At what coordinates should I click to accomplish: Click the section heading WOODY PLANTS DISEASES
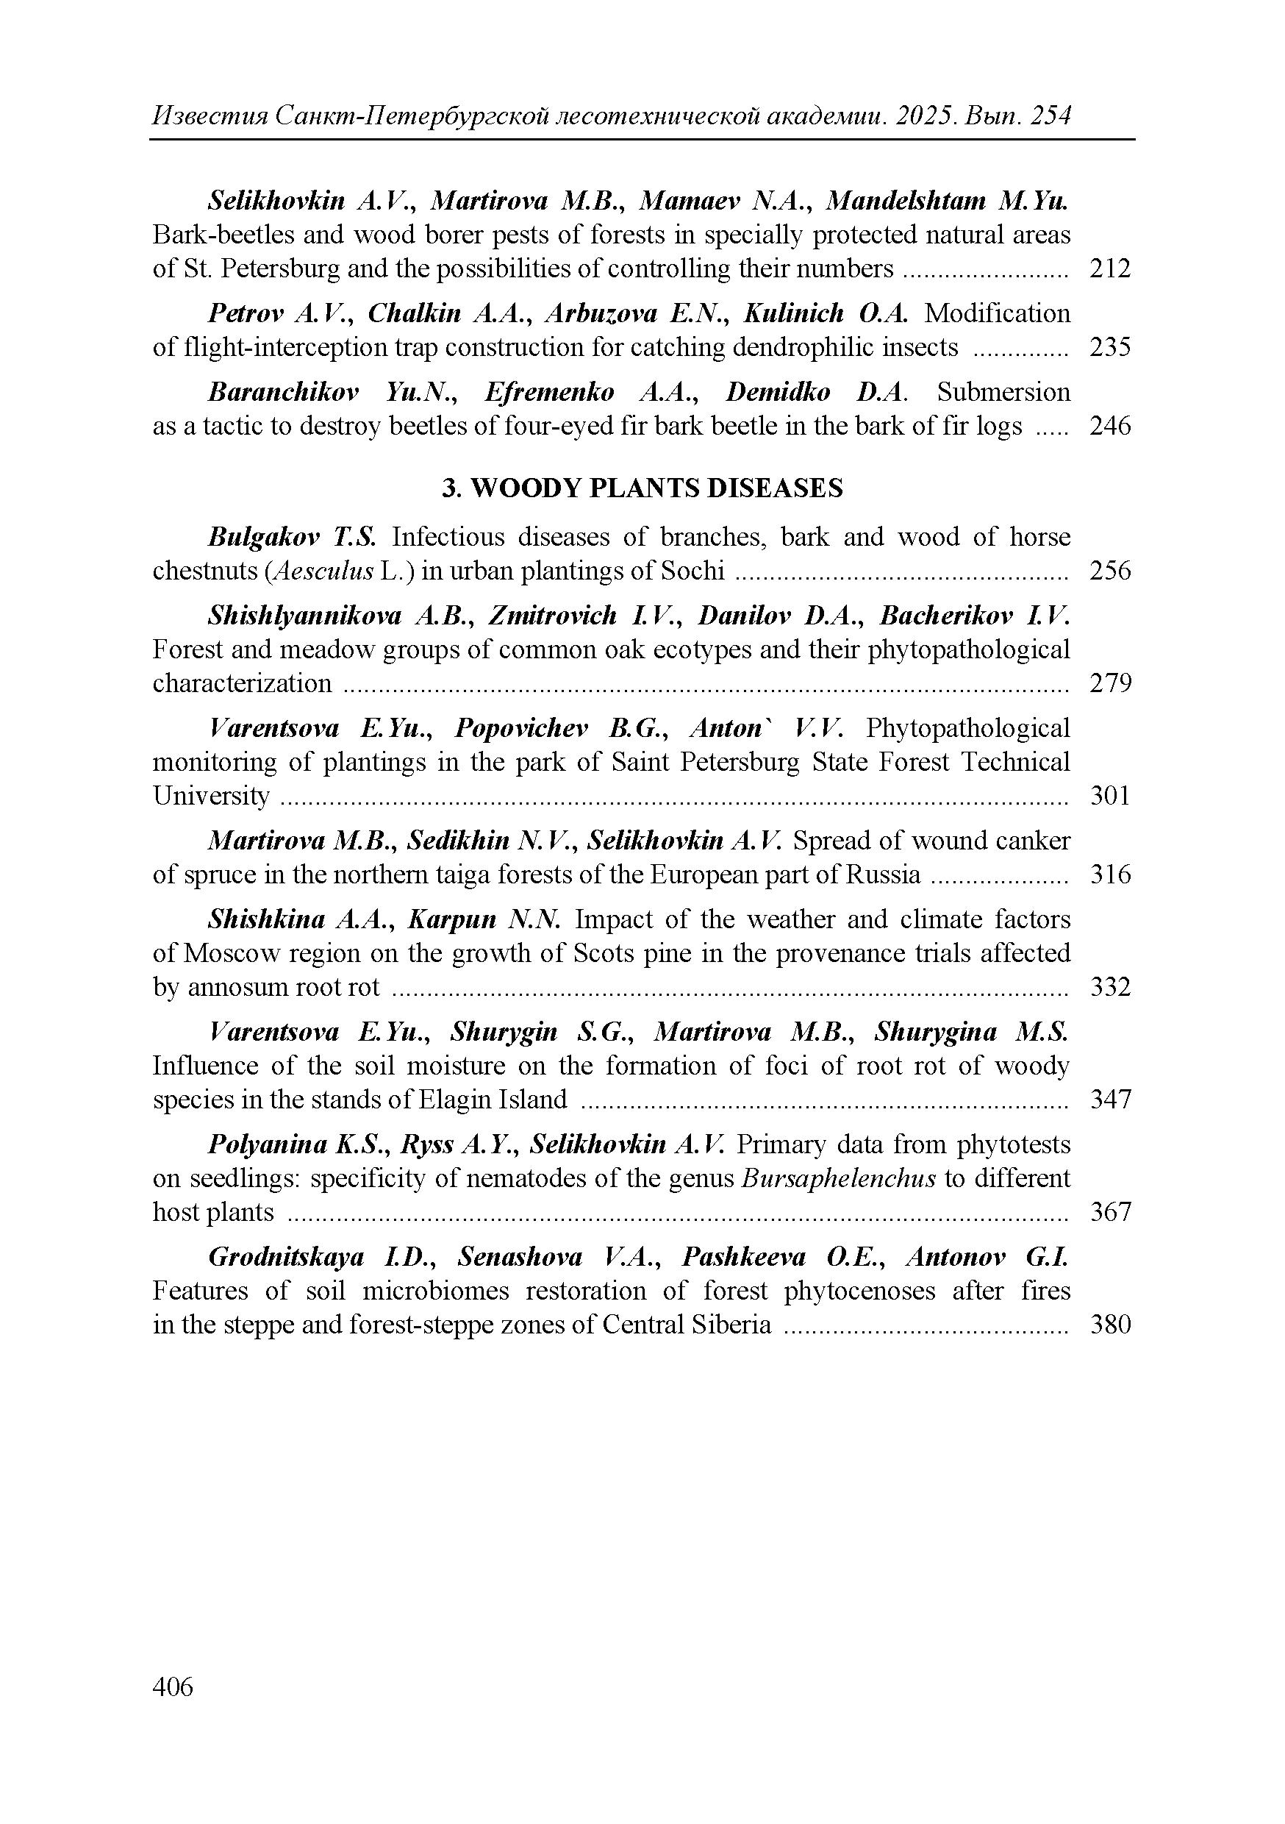(656, 488)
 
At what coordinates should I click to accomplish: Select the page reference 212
(1109, 268)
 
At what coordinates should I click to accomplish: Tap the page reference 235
(1109, 347)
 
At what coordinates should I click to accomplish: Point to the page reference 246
(1109, 426)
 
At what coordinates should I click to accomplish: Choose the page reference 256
(1109, 571)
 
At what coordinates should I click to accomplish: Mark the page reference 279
(1109, 683)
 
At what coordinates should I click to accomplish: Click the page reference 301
(1109, 795)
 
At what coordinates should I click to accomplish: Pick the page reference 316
(1109, 874)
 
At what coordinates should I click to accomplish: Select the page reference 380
(1109, 1325)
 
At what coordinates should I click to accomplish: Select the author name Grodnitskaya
(286, 1258)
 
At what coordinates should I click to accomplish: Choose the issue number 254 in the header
(1050, 117)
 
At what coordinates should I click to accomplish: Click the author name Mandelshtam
(906, 201)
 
